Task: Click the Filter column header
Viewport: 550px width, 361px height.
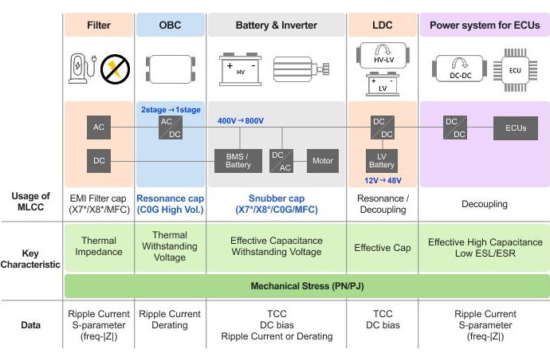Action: pyautogui.click(x=99, y=25)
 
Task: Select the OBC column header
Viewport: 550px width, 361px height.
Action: pyautogui.click(x=170, y=25)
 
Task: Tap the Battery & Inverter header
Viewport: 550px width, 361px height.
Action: pyautogui.click(x=276, y=25)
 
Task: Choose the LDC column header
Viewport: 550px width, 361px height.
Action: pyautogui.click(x=382, y=25)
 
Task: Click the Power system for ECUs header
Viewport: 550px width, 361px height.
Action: pyautogui.click(x=484, y=25)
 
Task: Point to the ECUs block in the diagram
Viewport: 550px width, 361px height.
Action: pyautogui.click(x=516, y=127)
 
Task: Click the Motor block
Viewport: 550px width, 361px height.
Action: pyautogui.click(x=321, y=159)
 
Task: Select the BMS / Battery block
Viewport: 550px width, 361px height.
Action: pyautogui.click(x=238, y=160)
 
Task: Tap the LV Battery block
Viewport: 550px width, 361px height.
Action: pyautogui.click(x=382, y=160)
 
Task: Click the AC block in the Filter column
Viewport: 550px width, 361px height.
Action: pyautogui.click(x=99, y=127)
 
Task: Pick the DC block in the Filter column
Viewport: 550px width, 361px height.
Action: pyautogui.click(x=99, y=160)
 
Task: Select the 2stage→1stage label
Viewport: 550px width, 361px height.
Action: pyautogui.click(x=170, y=108)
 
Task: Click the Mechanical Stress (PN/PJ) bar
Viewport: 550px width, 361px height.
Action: pyautogui.click(x=307, y=284)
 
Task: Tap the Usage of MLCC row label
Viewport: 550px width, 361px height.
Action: pyautogui.click(x=32, y=202)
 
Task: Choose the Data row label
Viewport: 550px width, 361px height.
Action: pyautogui.click(x=32, y=325)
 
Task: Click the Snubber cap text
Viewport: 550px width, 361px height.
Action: pyautogui.click(x=275, y=198)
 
